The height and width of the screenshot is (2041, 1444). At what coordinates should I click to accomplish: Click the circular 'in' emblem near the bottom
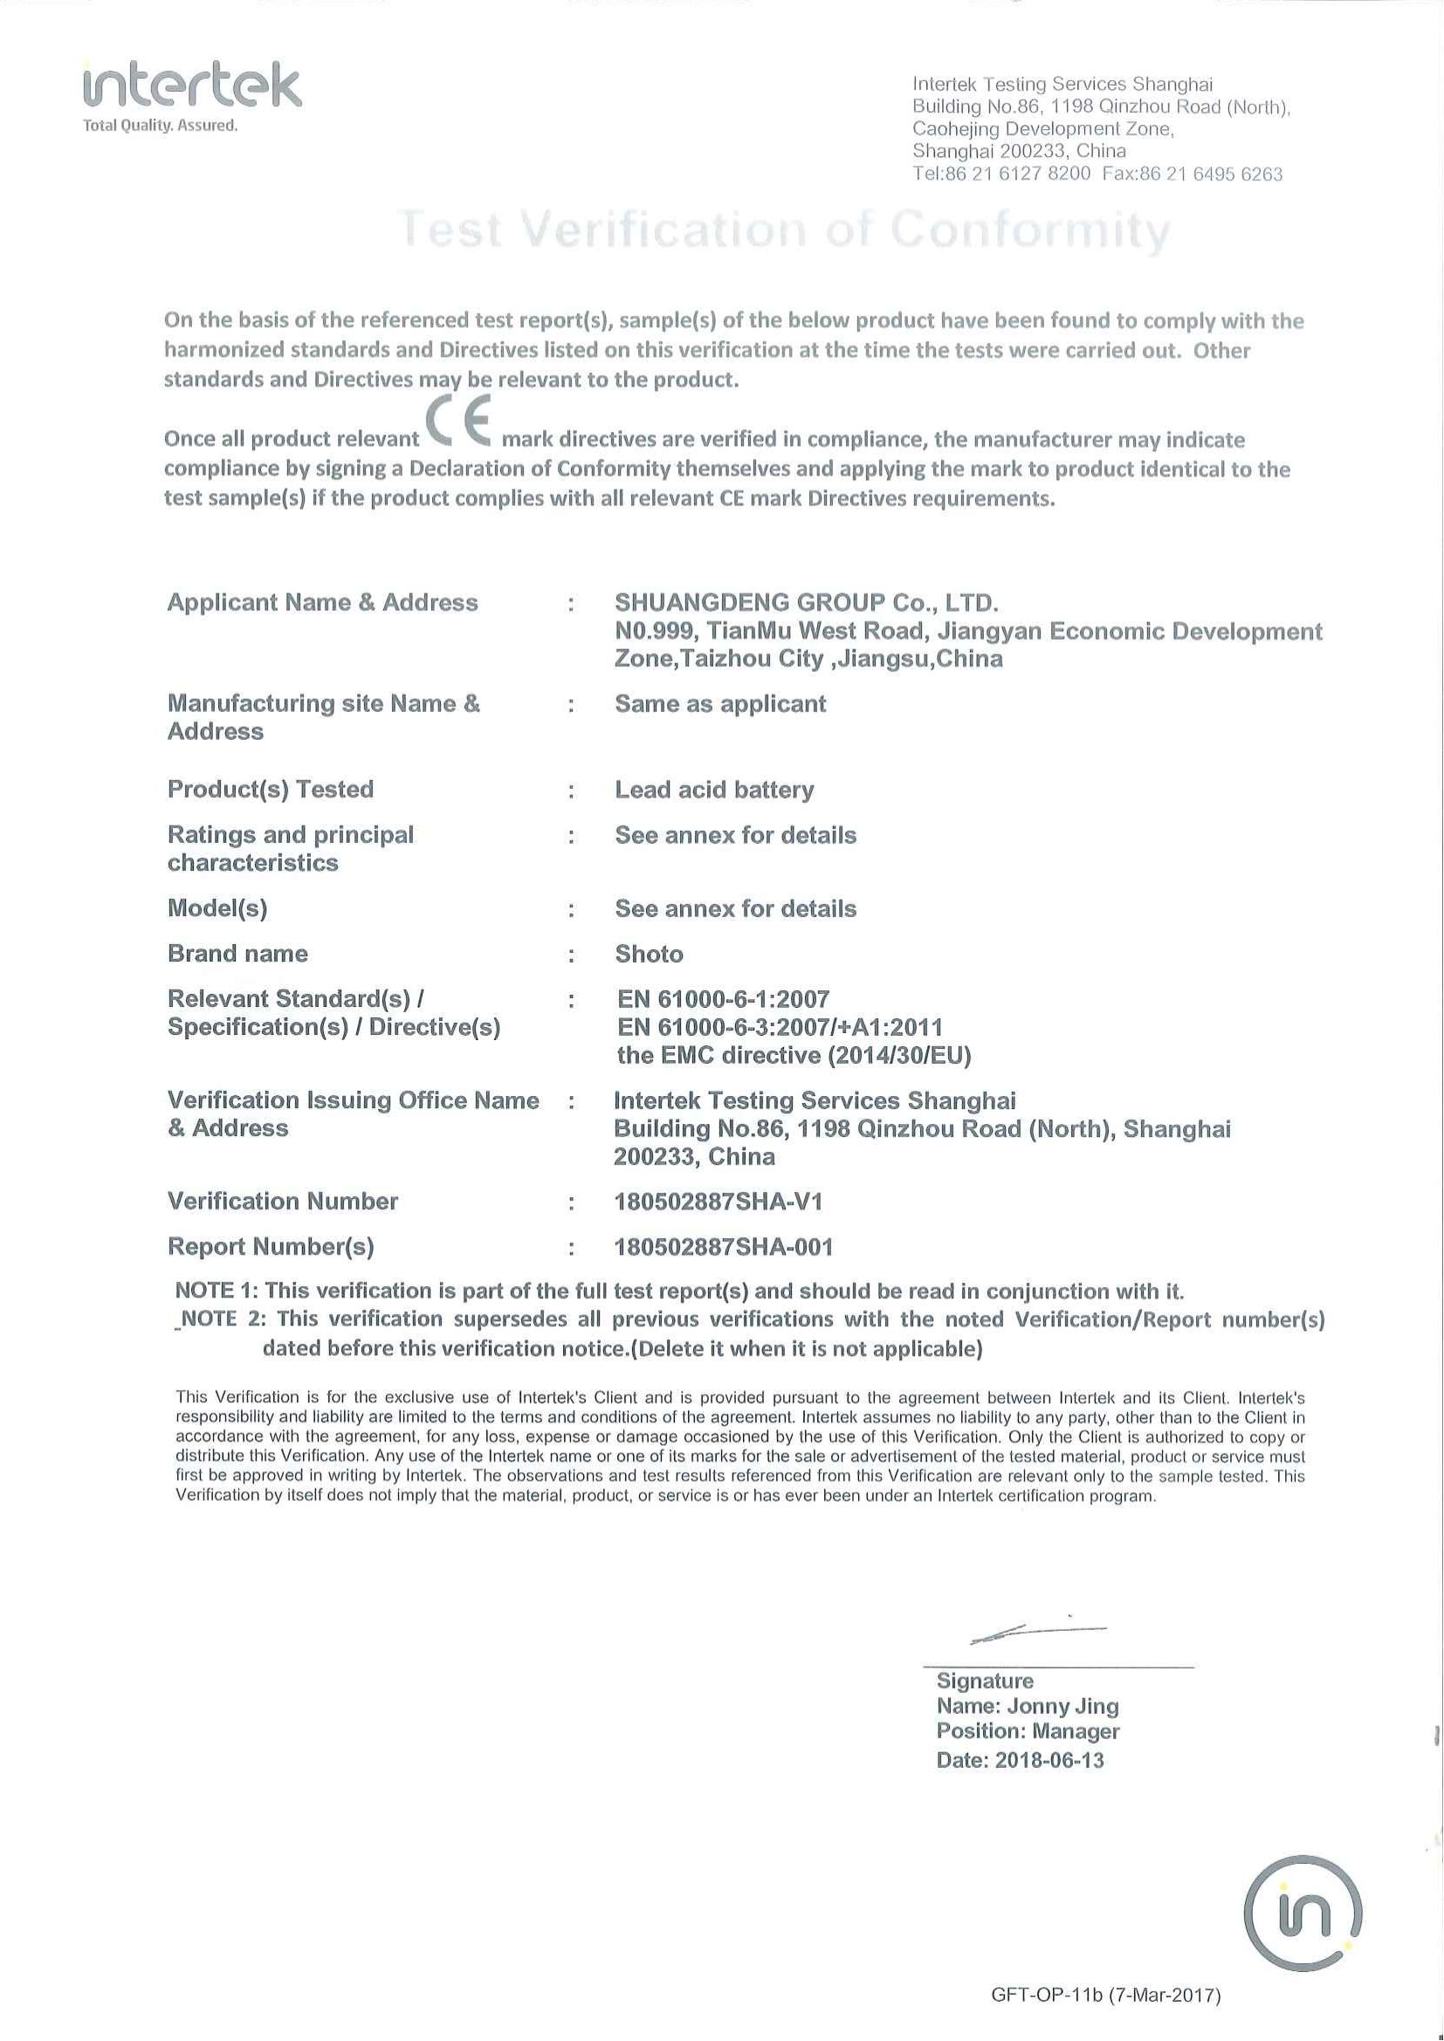click(1302, 1913)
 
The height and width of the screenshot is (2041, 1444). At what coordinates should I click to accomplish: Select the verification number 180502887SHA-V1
click(719, 1202)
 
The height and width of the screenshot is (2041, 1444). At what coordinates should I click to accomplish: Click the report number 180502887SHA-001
click(724, 1247)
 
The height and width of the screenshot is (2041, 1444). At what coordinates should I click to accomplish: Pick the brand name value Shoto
click(649, 954)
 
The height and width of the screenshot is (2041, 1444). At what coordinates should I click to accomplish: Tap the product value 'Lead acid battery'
click(714, 790)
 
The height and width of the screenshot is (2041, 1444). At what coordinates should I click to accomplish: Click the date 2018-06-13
click(1049, 1760)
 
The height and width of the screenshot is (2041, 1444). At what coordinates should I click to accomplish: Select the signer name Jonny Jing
click(1062, 1706)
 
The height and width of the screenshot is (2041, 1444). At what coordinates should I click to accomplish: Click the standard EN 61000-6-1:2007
click(723, 999)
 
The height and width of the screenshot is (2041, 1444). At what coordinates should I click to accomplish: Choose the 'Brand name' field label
click(237, 953)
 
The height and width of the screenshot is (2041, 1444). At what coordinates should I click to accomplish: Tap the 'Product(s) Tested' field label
click(271, 789)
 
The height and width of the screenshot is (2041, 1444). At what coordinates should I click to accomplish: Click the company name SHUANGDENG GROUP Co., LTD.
click(807, 603)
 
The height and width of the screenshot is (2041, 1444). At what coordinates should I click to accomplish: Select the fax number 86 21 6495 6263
click(1211, 175)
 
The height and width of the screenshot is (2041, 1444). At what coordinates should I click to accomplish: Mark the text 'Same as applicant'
click(720, 704)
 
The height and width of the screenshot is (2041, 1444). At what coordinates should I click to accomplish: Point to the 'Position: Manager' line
click(1027, 1731)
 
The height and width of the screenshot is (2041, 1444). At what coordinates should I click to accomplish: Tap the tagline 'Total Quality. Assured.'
click(160, 126)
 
